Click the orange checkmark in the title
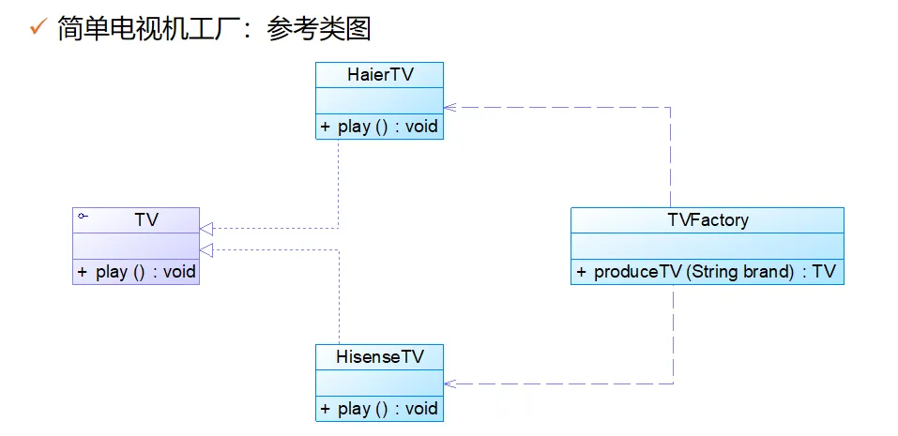[x=38, y=27]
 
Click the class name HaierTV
[x=379, y=75]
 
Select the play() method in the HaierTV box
[x=379, y=126]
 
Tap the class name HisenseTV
[x=379, y=357]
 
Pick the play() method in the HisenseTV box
[x=379, y=408]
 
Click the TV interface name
[x=146, y=219]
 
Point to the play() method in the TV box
[x=137, y=272]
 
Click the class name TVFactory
[x=707, y=220]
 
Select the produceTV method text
[x=707, y=272]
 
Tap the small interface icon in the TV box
[x=83, y=217]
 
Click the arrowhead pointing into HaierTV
[x=449, y=107]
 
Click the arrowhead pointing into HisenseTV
[x=449, y=383]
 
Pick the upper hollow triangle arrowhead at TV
[x=206, y=228]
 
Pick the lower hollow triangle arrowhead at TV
[x=206, y=249]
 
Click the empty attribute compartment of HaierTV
[x=379, y=99]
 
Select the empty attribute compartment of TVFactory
[x=707, y=246]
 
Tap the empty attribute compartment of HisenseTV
[x=379, y=383]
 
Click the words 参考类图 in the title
[x=319, y=28]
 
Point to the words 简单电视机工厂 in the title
[x=155, y=28]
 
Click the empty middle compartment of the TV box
[x=136, y=246]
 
